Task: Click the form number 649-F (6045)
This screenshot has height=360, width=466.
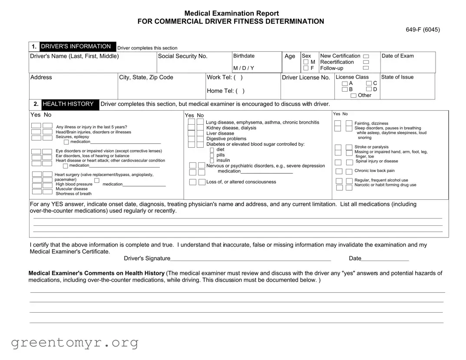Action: (423, 30)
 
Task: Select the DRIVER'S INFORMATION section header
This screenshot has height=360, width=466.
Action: (76, 46)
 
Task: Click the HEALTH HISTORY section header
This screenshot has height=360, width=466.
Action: (68, 104)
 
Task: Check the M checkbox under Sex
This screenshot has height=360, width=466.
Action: (306, 62)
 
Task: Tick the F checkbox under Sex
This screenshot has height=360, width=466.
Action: (306, 68)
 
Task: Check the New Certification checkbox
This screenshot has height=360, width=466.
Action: (366, 56)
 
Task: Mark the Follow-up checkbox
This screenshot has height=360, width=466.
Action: (366, 68)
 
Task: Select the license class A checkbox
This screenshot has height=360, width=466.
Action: (344, 83)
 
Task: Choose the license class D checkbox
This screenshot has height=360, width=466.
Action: (369, 89)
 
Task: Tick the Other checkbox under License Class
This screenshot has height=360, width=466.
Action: (354, 96)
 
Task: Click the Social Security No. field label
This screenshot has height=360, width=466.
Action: (182, 56)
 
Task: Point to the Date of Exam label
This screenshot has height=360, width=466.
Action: (397, 56)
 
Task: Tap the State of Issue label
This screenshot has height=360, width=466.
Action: (397, 77)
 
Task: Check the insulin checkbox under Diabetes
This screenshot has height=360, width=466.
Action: (212, 161)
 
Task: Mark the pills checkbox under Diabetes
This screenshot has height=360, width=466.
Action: (212, 155)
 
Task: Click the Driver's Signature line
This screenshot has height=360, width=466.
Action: (250, 258)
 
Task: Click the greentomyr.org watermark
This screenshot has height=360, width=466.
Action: (75, 343)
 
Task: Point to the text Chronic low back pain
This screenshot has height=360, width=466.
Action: (374, 171)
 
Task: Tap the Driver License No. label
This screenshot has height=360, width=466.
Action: (306, 78)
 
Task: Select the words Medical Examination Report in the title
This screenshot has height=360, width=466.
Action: (231, 13)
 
